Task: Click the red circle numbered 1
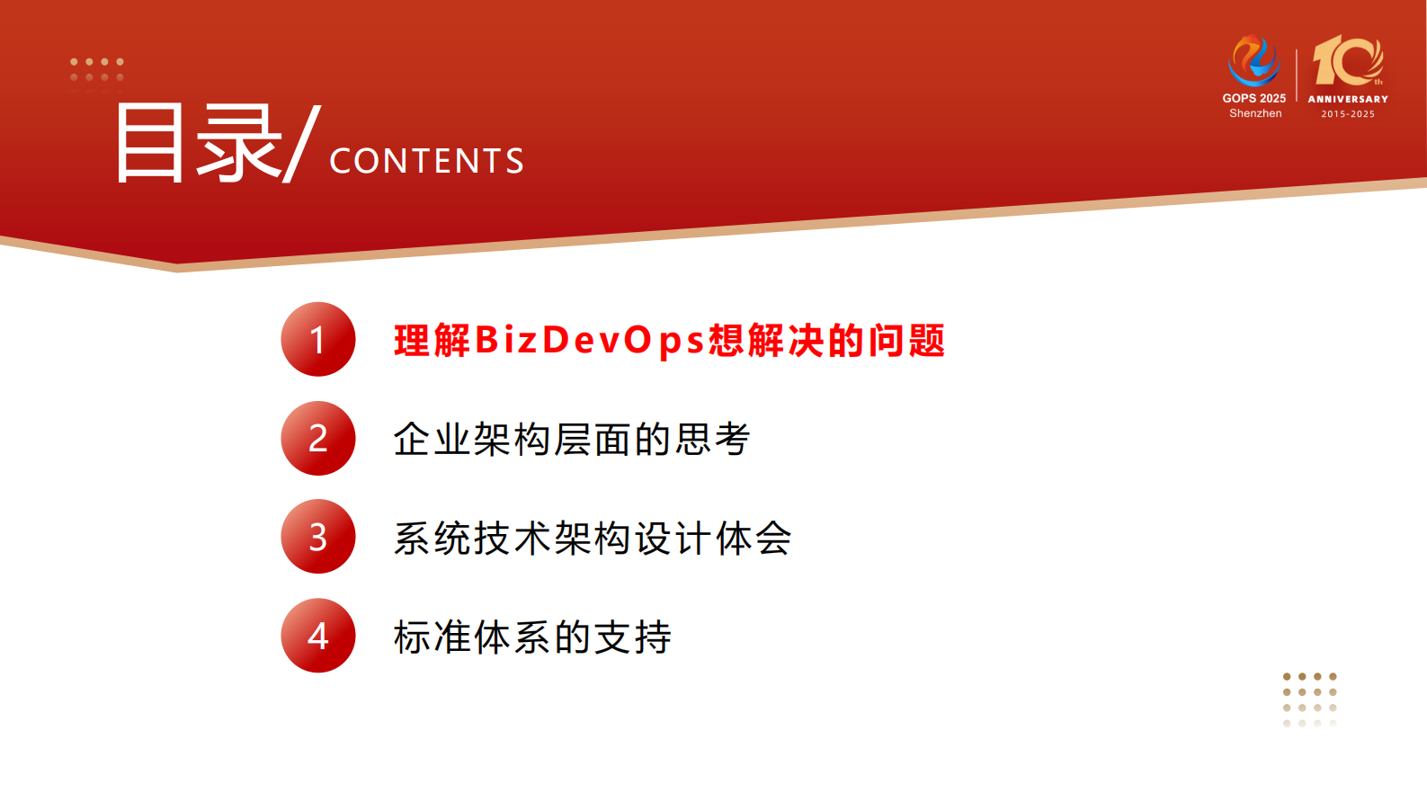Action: coord(318,340)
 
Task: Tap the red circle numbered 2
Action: coord(318,439)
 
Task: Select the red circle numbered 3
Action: coord(318,537)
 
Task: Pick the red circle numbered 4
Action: coord(318,636)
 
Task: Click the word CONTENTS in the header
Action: coord(426,161)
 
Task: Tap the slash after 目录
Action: coord(301,144)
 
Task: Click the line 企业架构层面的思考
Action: coord(572,440)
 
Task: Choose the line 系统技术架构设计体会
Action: coord(593,539)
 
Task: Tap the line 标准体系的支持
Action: coord(532,637)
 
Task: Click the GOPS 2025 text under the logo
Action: coord(1253,98)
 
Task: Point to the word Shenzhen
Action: coord(1255,113)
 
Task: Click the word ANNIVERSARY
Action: coord(1348,99)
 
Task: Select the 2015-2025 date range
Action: coord(1348,114)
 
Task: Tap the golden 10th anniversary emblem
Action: coord(1347,61)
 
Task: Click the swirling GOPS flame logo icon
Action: coord(1253,60)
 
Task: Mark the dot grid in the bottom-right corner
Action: coord(1310,700)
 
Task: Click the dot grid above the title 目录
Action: coord(96,70)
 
